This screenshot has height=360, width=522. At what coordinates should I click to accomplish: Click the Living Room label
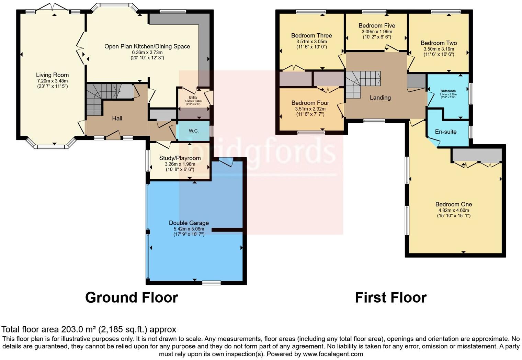pyautogui.click(x=52, y=75)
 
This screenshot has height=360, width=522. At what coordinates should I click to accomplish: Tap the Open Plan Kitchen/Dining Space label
pyautogui.click(x=147, y=46)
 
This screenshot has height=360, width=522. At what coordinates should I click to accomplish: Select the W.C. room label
pyautogui.click(x=193, y=131)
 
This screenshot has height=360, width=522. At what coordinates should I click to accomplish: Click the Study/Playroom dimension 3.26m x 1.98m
pyautogui.click(x=180, y=164)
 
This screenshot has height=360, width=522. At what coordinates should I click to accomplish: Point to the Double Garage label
pyautogui.click(x=189, y=223)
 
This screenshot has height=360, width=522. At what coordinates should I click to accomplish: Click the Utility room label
pyautogui.click(x=193, y=98)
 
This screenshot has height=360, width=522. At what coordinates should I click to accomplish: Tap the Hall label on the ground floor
pyautogui.click(x=117, y=118)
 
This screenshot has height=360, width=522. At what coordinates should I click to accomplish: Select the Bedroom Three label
pyautogui.click(x=311, y=35)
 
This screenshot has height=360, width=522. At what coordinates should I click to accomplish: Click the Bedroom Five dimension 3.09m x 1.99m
pyautogui.click(x=376, y=32)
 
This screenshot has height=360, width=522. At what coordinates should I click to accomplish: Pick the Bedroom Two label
pyautogui.click(x=439, y=43)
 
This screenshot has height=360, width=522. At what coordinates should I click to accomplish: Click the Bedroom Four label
pyautogui.click(x=310, y=103)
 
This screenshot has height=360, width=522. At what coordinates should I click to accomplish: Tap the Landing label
pyautogui.click(x=380, y=98)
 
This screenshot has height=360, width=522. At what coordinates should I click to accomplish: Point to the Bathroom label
pyautogui.click(x=448, y=91)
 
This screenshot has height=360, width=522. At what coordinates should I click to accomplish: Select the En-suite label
pyautogui.click(x=445, y=132)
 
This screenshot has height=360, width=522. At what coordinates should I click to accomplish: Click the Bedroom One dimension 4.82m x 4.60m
pyautogui.click(x=453, y=210)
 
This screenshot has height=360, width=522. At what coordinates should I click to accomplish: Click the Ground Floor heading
pyautogui.click(x=132, y=297)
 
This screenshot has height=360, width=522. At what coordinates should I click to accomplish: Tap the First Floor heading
pyautogui.click(x=390, y=297)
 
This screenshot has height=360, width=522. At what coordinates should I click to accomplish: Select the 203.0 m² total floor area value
pyautogui.click(x=79, y=330)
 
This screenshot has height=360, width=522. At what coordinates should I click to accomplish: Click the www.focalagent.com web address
pyautogui.click(x=332, y=354)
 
